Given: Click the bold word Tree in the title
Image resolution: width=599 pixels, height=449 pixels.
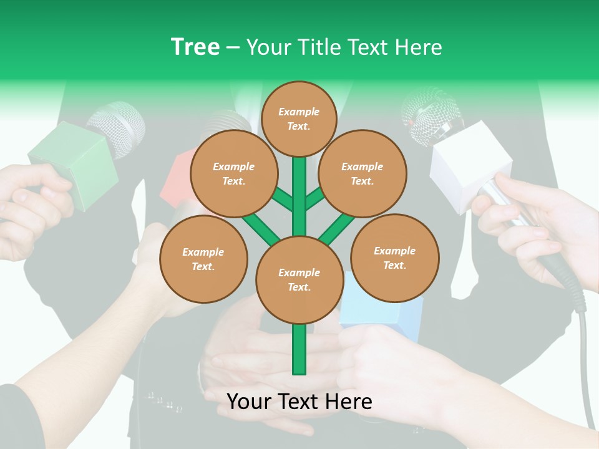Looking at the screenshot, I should (x=195, y=47).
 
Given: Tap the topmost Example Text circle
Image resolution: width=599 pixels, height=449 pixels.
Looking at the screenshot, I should (x=299, y=118).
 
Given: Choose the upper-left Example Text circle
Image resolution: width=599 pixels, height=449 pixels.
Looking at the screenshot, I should (x=233, y=173).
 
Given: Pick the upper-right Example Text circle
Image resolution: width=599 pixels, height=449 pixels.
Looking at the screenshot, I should (x=362, y=173).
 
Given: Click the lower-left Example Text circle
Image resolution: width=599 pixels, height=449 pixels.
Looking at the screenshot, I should (x=203, y=259).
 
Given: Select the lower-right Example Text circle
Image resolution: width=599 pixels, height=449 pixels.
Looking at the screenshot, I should (x=394, y=258).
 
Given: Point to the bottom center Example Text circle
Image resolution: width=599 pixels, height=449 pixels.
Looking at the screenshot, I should (x=299, y=279).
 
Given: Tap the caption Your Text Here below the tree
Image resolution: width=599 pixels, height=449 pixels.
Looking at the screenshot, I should (x=299, y=402).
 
